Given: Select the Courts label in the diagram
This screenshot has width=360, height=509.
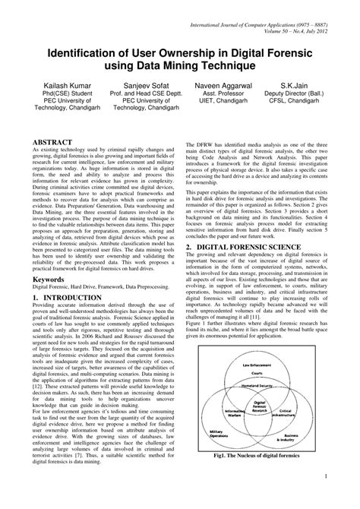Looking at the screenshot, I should pyautogui.click(x=257, y=375).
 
